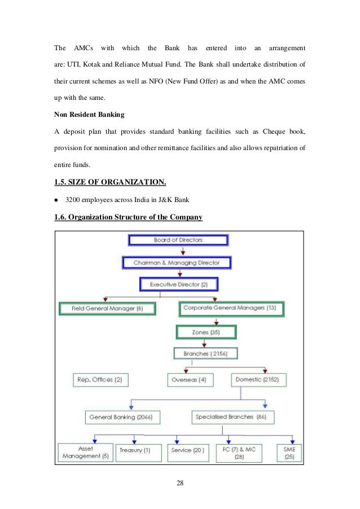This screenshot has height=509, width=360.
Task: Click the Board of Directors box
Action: point(178,240)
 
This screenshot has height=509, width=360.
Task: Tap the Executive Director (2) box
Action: point(178,284)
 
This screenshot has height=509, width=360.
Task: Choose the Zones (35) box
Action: point(206,332)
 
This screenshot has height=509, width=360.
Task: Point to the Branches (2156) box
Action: point(205,354)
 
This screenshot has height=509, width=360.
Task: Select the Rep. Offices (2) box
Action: point(99,380)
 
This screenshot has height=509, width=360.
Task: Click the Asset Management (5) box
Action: point(85,452)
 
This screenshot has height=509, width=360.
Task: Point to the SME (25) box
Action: point(290,452)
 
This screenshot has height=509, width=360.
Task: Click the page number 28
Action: point(180,484)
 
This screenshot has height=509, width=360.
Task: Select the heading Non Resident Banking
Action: point(89,115)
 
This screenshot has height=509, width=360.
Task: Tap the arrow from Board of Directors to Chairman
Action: point(182,251)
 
